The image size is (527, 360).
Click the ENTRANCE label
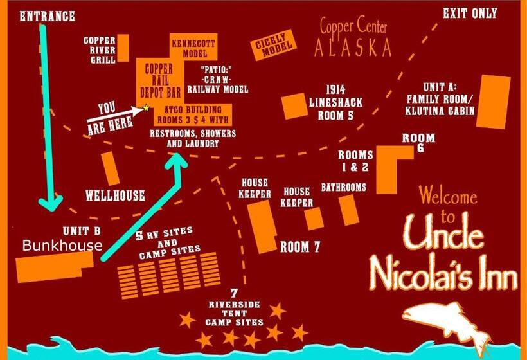click(x=48, y=15)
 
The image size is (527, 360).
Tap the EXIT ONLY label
click(x=470, y=13)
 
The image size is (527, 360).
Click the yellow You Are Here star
click(x=147, y=108)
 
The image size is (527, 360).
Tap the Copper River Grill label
click(x=100, y=50)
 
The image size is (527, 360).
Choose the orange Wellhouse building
click(x=110, y=168)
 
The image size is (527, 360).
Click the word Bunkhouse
click(x=62, y=245)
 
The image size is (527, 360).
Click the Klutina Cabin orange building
click(x=493, y=101)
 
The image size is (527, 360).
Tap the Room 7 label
click(x=299, y=247)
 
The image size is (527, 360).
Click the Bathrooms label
click(x=344, y=188)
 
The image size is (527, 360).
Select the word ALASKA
click(x=353, y=47)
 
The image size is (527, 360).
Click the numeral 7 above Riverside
click(x=233, y=292)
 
